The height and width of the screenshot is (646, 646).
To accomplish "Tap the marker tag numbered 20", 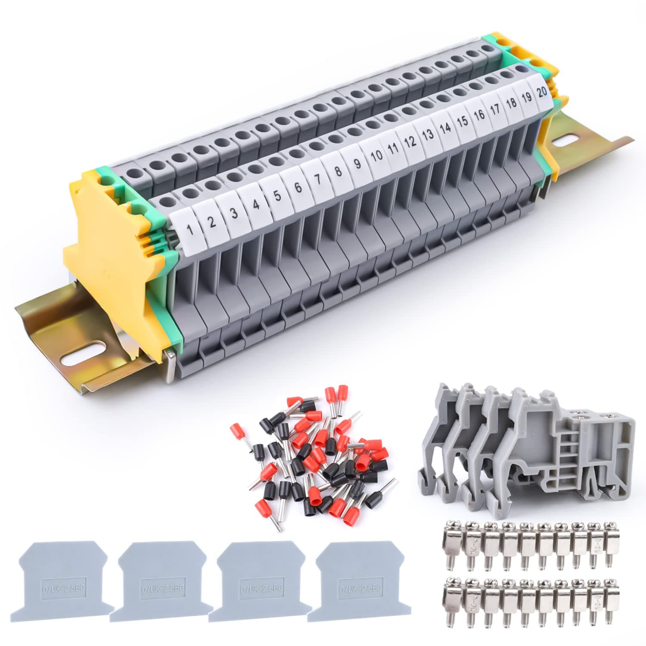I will pos(541,92).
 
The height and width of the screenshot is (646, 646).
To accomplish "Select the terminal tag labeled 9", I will pos(357,164).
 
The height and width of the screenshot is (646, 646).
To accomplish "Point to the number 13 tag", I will pos(428,135).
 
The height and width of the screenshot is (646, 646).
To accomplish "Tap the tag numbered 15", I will pos(463,121).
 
